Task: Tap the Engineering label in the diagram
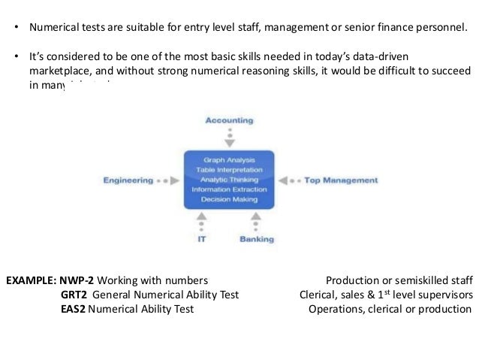point(128,180)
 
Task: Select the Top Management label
point(341,180)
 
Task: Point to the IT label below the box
point(202,239)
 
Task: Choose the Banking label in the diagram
point(257,239)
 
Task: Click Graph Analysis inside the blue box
point(229,160)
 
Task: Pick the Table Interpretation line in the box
point(229,170)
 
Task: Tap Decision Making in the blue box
point(229,199)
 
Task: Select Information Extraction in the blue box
point(229,189)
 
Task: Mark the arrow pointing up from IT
point(202,217)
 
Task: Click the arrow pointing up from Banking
point(256,217)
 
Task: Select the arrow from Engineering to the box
point(174,180)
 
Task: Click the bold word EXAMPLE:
point(31,281)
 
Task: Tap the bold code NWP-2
point(77,281)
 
